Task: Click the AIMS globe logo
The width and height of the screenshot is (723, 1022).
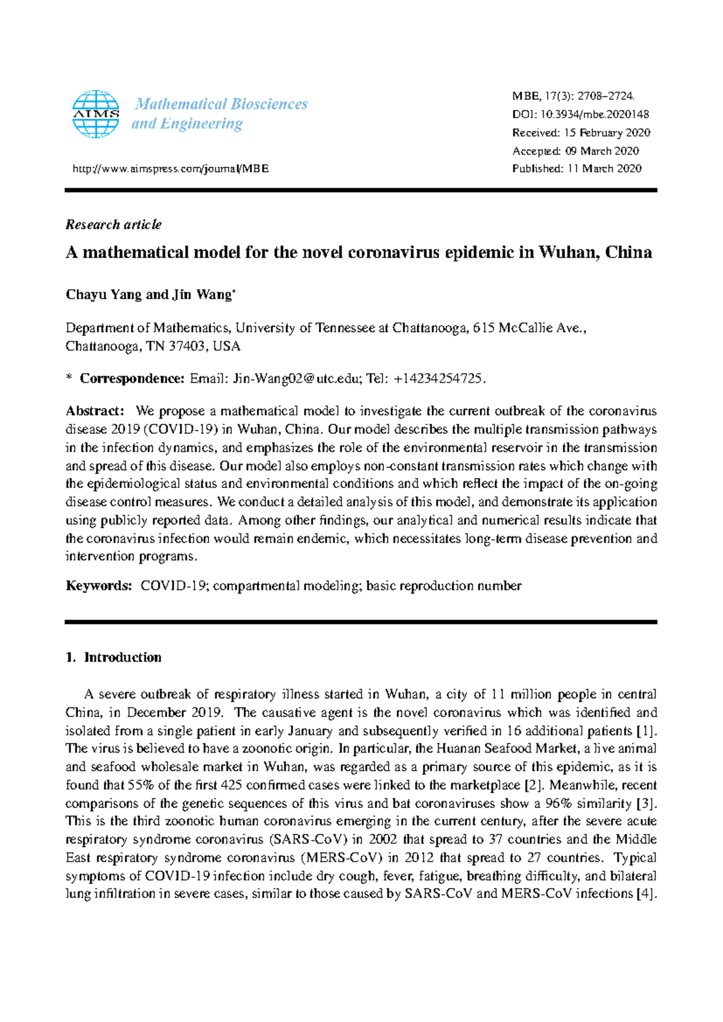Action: [x=95, y=114]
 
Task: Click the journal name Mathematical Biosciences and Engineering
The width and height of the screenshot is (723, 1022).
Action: [x=221, y=114]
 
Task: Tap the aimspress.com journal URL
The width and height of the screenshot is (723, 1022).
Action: [x=170, y=169]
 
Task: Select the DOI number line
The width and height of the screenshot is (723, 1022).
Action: [x=580, y=114]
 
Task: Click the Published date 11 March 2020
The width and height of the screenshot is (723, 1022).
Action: [x=604, y=169]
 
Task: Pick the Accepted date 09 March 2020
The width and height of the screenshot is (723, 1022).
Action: [x=602, y=151]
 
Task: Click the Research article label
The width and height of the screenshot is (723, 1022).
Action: [x=113, y=225]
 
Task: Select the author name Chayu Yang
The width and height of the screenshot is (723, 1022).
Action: [x=104, y=295]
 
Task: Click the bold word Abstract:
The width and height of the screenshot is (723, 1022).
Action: [x=95, y=412]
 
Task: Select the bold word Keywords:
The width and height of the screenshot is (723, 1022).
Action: [x=98, y=586]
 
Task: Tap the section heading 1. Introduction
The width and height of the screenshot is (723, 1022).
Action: [x=113, y=657]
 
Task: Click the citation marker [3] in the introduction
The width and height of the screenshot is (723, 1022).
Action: [x=646, y=803]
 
